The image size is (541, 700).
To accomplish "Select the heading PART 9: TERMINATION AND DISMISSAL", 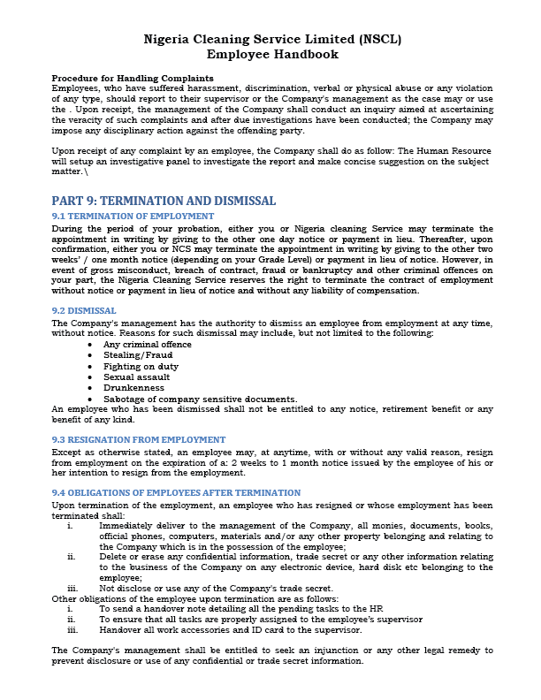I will (164, 201).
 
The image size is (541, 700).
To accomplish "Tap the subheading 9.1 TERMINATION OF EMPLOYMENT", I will (133, 217).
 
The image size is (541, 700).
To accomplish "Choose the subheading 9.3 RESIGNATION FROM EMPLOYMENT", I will (139, 439).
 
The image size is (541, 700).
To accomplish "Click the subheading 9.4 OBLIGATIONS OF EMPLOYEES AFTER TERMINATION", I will (176, 492).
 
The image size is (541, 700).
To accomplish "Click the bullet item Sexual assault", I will (134, 377).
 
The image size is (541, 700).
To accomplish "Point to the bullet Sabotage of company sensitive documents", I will (200, 398).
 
